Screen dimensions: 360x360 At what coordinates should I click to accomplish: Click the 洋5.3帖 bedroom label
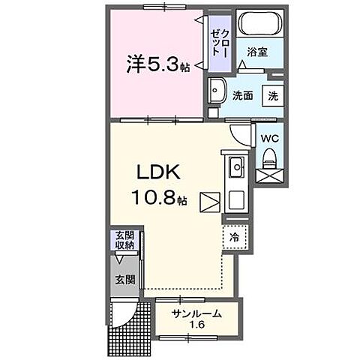point(157,66)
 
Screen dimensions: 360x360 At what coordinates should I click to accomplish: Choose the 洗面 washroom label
point(241,95)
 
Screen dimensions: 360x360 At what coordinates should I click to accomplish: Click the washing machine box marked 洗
point(272,95)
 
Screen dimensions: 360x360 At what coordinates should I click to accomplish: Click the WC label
point(269,138)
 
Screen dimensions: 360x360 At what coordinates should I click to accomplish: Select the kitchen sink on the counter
point(235,165)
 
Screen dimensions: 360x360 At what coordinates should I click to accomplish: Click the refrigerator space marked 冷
point(234,237)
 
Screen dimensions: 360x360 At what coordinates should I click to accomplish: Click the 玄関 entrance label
point(124,280)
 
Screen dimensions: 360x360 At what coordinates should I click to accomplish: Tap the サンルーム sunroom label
point(196,313)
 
